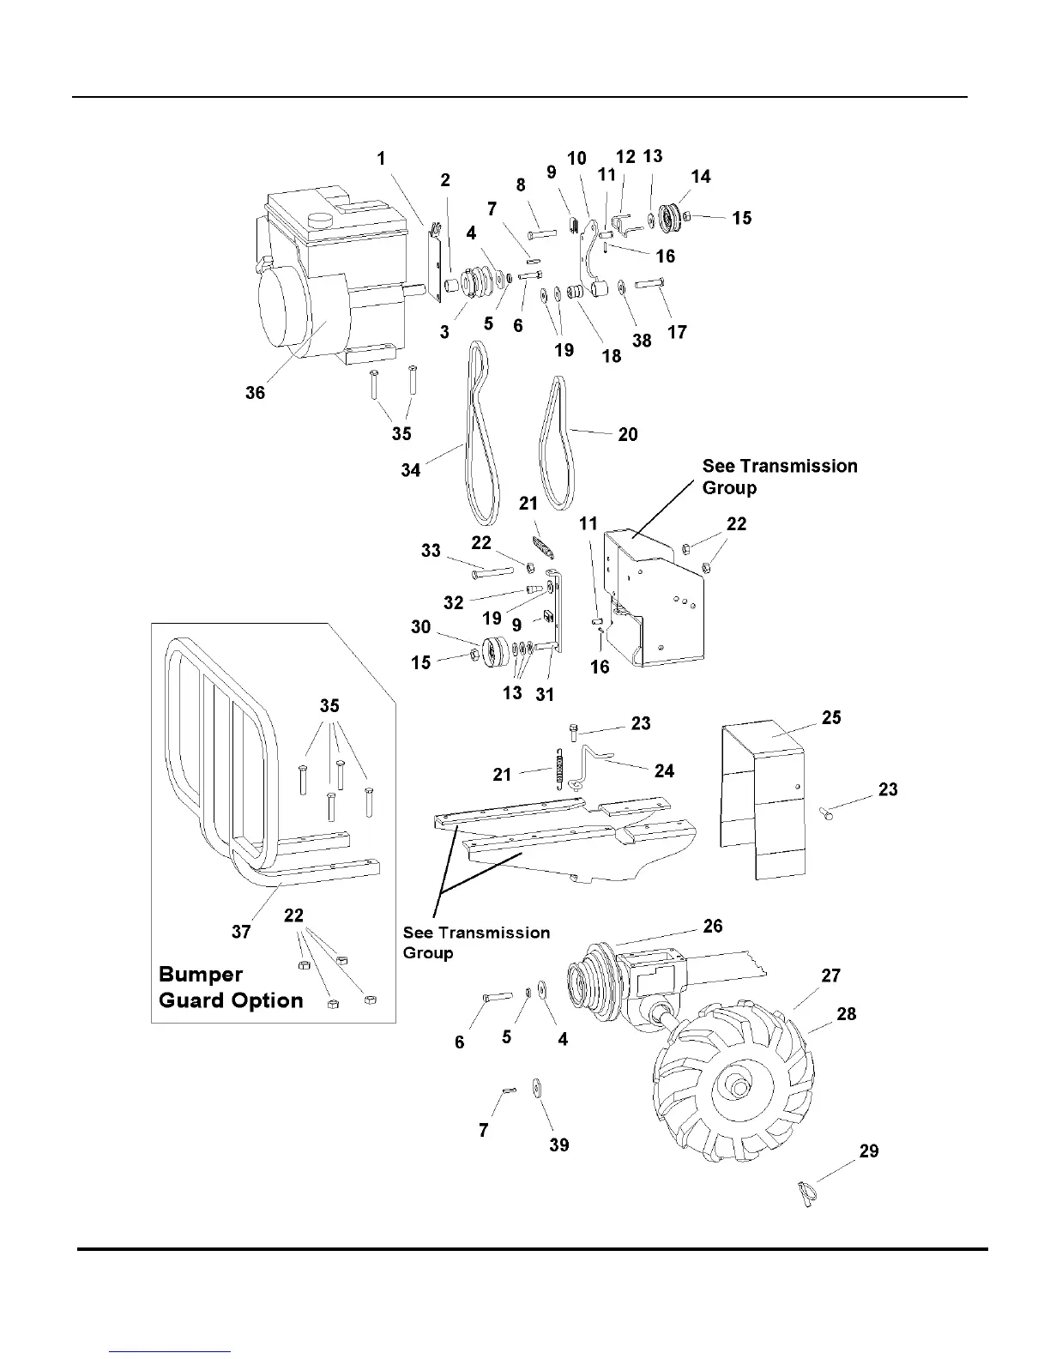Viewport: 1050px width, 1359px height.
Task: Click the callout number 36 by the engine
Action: tap(255, 393)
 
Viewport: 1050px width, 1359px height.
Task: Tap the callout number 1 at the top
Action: tap(381, 159)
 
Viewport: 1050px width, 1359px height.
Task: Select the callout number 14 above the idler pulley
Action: tap(700, 177)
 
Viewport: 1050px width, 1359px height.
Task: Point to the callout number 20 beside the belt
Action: tap(628, 435)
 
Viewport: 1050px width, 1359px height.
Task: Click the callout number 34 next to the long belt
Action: tap(411, 470)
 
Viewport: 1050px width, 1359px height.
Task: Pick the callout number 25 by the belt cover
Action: tap(831, 717)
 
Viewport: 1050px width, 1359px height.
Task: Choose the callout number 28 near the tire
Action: tap(846, 1014)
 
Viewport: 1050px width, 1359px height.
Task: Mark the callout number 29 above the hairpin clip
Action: tap(869, 1151)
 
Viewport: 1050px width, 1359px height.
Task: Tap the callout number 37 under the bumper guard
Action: tap(241, 932)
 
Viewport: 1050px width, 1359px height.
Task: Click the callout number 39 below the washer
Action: tap(558, 1145)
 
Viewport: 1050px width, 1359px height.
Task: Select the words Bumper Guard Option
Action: tap(231, 988)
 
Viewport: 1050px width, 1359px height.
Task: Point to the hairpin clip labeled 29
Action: tap(806, 1193)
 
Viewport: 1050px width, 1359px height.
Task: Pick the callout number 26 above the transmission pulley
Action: tap(712, 927)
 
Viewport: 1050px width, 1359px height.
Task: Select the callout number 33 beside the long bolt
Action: tap(431, 551)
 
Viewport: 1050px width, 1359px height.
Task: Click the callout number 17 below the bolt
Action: tap(677, 333)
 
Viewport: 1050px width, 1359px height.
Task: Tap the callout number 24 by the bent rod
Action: tap(664, 771)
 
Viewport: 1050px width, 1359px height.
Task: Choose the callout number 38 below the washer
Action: tap(642, 341)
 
